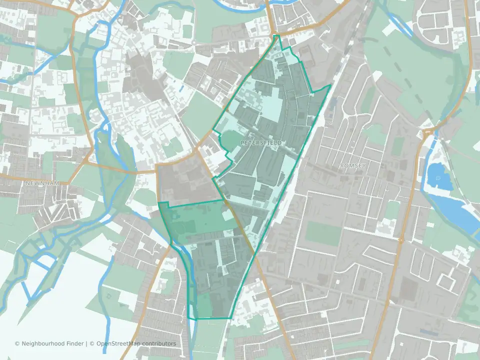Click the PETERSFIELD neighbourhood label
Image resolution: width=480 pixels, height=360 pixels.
(261, 143)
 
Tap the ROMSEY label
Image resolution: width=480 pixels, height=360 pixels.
(352, 165)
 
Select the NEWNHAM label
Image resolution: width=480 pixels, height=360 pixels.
(42, 183)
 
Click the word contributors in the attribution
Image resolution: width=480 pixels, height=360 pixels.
(159, 343)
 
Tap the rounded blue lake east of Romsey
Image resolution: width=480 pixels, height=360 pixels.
(438, 178)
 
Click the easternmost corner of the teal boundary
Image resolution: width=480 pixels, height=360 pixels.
(331, 85)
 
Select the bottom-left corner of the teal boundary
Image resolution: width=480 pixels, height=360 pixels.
(190, 318)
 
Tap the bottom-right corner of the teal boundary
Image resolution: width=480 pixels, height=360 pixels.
(231, 318)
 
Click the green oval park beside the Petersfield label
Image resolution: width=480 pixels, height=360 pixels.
(233, 141)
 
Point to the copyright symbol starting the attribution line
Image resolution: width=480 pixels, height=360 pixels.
(17, 343)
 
